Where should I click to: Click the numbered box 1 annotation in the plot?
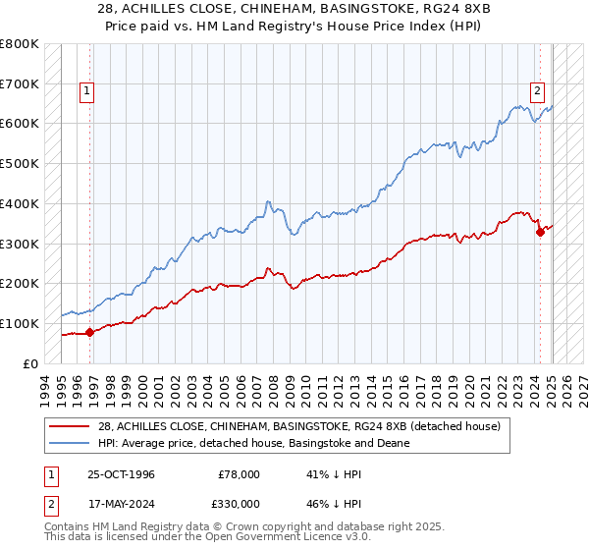(x=86, y=91)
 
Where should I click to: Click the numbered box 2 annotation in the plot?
(x=538, y=91)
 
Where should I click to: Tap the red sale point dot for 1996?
(x=89, y=332)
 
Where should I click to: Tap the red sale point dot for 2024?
(x=540, y=232)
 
